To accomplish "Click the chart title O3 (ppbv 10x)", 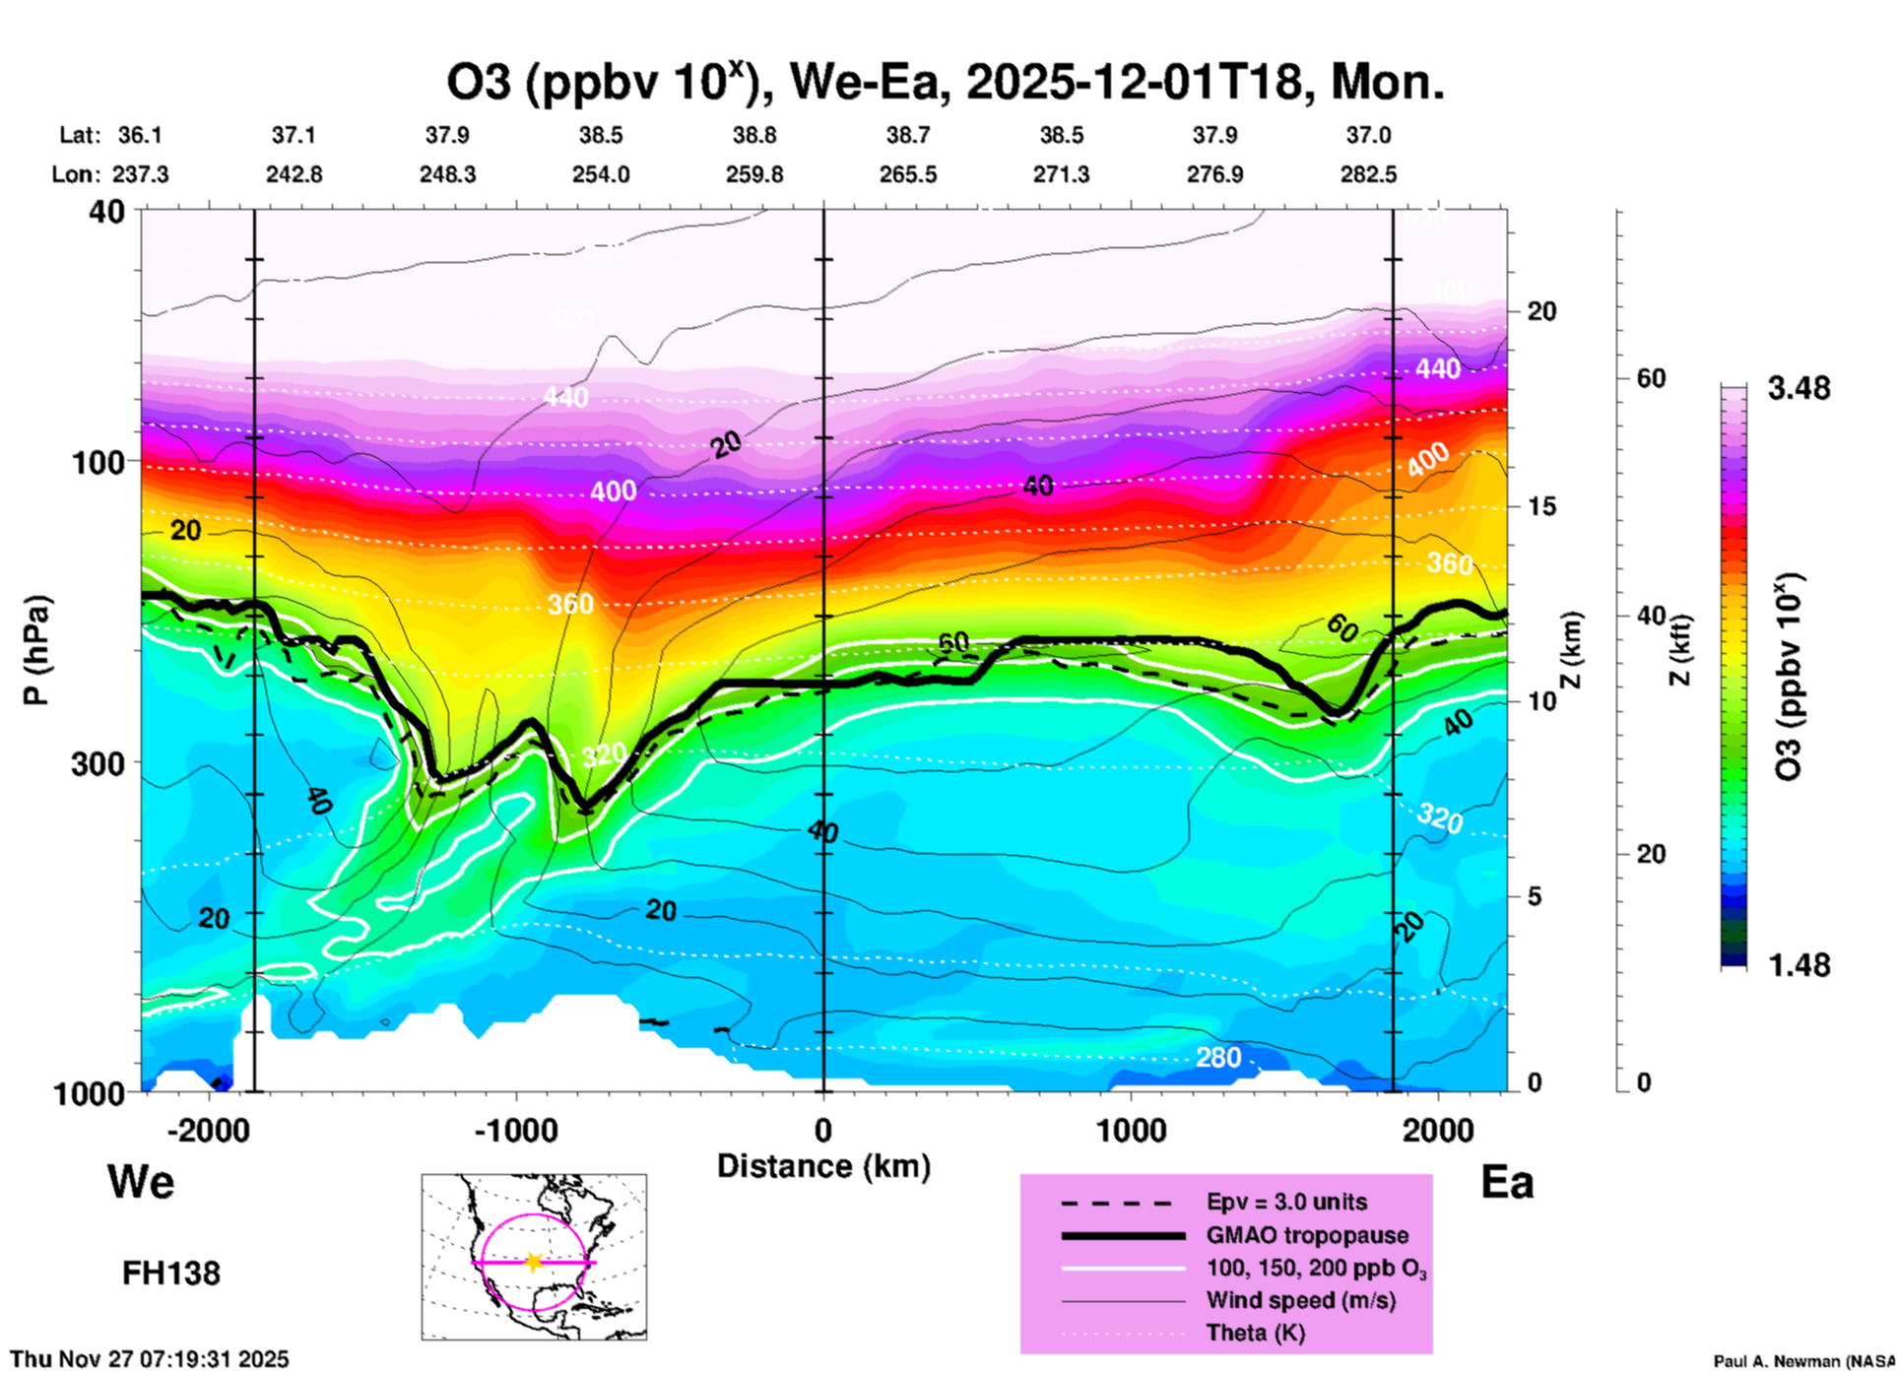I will pos(946,83).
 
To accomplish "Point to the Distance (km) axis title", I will pos(823,1166).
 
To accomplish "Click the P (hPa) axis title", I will pos(36,650).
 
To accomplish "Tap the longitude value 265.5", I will pos(908,175).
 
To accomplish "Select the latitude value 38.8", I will pos(754,135).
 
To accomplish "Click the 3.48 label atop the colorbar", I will pos(1799,389).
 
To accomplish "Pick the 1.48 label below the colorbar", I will pos(1799,965).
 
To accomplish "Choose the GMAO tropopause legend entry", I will pos(1307,1235).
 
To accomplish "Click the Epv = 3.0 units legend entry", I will pos(1286,1203).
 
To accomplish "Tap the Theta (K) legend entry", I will pos(1255,1334).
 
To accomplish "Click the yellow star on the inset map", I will pos(534,1262).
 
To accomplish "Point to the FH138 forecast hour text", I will pos(171,1274).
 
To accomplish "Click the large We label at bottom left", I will pos(141,1181).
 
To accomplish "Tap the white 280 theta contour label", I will pos(1218,1058).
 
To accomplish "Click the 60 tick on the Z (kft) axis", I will pos(1651,378).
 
